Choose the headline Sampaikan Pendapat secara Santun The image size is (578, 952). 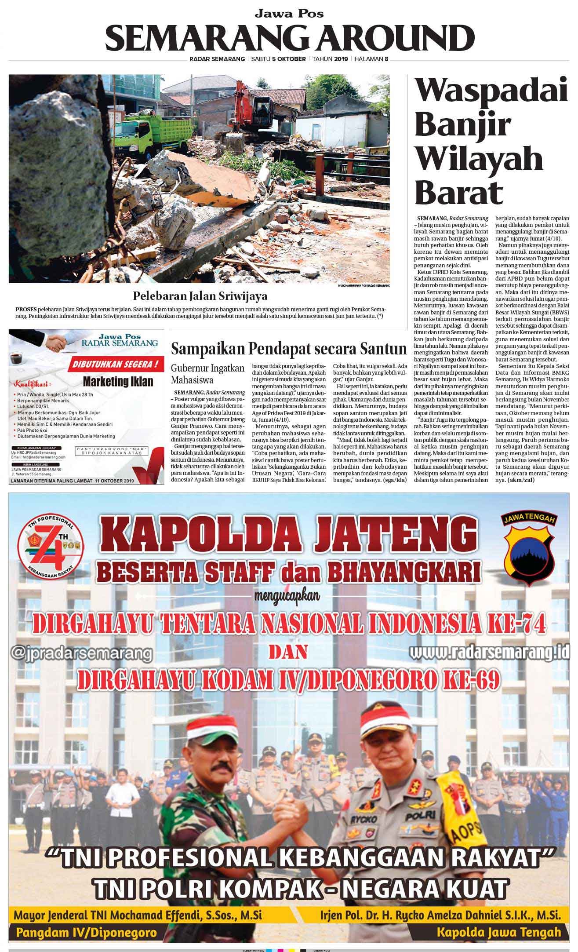(x=288, y=349)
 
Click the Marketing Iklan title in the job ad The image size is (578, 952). (x=118, y=381)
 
